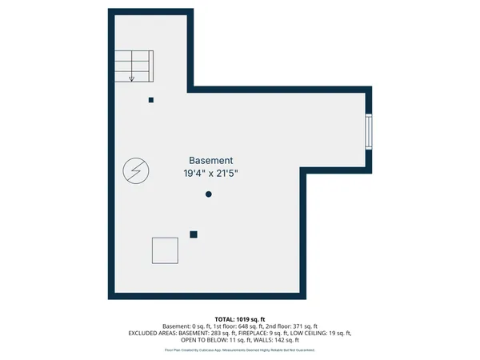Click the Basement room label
211,160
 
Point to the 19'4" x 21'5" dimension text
211,173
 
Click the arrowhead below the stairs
132,78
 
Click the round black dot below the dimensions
209,194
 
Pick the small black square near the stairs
151,100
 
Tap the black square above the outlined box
194,234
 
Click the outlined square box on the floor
165,250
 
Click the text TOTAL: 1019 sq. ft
239,319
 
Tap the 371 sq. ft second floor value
303,326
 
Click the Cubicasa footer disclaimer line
239,350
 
